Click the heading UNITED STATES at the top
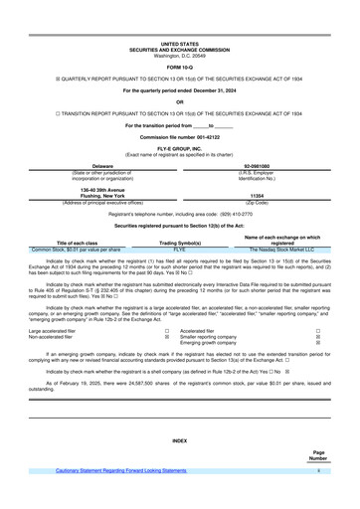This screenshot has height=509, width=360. [180, 45]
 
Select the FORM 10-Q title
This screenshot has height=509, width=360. [180, 66]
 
